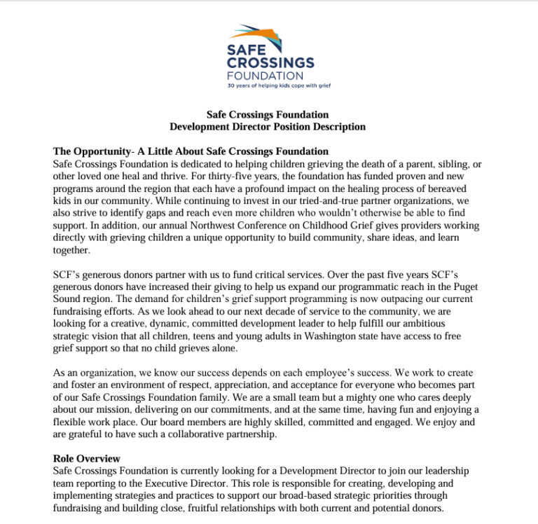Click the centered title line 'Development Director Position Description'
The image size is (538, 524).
click(x=268, y=127)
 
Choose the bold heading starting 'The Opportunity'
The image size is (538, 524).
click(x=191, y=151)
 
